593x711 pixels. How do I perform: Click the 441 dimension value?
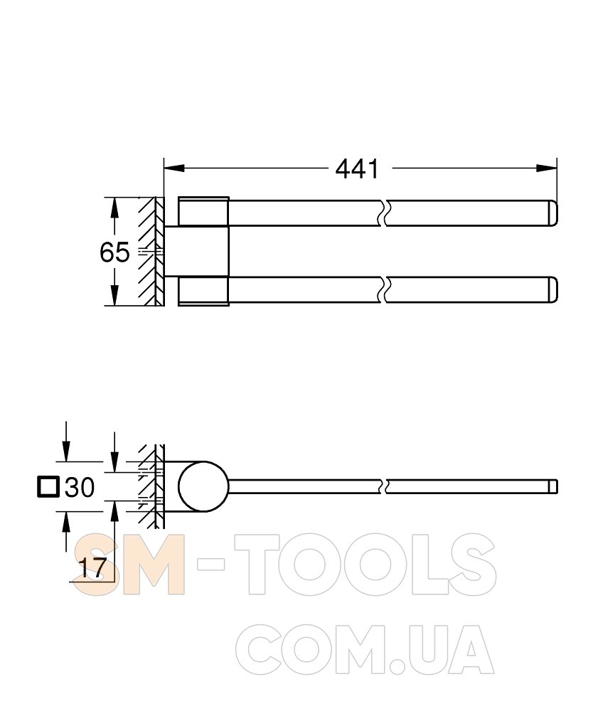(x=357, y=169)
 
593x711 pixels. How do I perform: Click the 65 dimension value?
(x=114, y=252)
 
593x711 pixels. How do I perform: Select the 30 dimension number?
(x=80, y=488)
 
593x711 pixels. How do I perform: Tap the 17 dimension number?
(x=93, y=567)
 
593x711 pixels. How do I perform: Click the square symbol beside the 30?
(x=48, y=486)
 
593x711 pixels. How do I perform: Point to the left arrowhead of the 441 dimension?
(x=174, y=169)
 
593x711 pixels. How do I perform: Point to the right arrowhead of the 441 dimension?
(x=546, y=169)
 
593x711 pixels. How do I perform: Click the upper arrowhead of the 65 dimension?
(x=114, y=208)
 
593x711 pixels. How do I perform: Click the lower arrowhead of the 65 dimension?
(x=114, y=295)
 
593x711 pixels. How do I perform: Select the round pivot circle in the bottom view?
(x=203, y=486)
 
